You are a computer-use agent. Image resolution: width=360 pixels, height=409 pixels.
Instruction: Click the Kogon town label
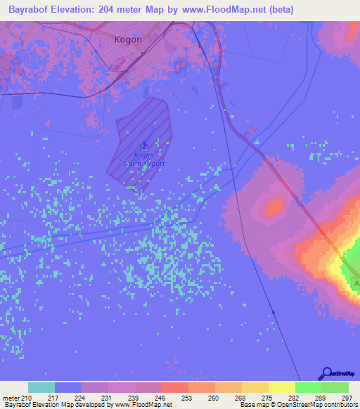(x=128, y=39)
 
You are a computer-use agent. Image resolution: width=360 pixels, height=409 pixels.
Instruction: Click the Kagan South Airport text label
(x=143, y=160)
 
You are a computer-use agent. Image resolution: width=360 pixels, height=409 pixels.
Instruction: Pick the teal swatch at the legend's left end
(x=41, y=387)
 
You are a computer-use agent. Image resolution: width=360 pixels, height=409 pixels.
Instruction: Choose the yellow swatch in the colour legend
(x=281, y=387)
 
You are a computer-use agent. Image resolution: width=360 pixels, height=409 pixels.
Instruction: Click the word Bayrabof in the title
(x=31, y=9)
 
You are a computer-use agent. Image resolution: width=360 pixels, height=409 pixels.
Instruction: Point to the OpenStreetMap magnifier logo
(x=326, y=375)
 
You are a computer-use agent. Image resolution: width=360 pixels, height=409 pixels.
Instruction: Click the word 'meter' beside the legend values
(x=11, y=398)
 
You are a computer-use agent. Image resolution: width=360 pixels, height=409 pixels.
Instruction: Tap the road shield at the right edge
(x=356, y=283)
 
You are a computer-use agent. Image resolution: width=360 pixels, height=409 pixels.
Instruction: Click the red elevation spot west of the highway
(x=270, y=207)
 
